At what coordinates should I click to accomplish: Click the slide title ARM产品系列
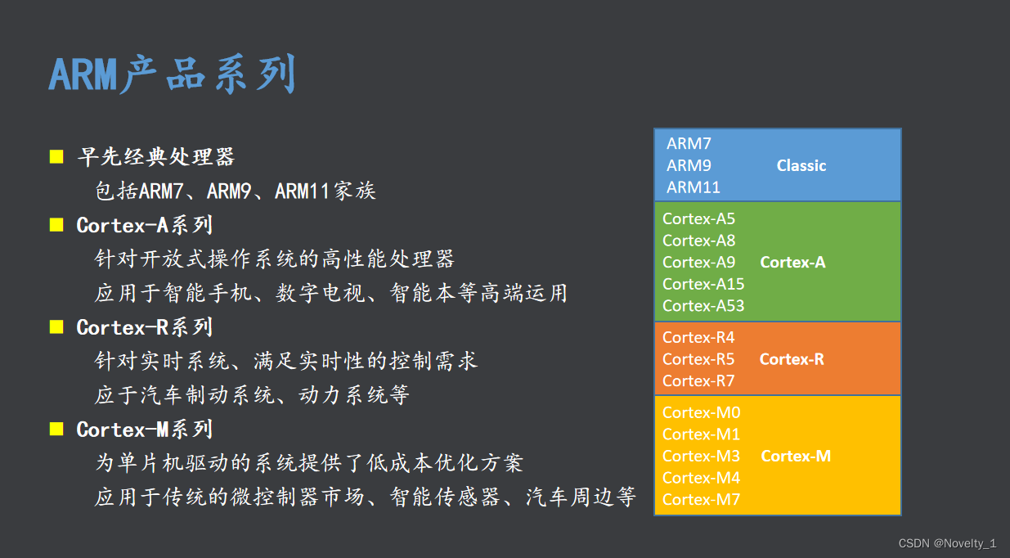pyautogui.click(x=172, y=75)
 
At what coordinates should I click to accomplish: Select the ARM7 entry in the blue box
pyautogui.click(x=689, y=144)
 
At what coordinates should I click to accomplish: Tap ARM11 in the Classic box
pyautogui.click(x=693, y=187)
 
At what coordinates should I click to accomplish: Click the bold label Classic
pyautogui.click(x=801, y=165)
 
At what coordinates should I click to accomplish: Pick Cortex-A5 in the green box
pyautogui.click(x=698, y=218)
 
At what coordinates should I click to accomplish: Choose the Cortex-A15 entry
pyautogui.click(x=703, y=284)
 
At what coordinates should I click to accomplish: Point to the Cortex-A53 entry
pyautogui.click(x=703, y=306)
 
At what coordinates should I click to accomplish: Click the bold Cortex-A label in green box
pyautogui.click(x=792, y=263)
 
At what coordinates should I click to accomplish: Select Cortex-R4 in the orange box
pyautogui.click(x=698, y=338)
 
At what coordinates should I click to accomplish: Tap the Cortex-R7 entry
pyautogui.click(x=698, y=381)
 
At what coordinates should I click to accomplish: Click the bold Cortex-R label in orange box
pyautogui.click(x=792, y=359)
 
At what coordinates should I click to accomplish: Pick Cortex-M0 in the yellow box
pyautogui.click(x=701, y=413)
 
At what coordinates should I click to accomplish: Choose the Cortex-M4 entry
pyautogui.click(x=701, y=478)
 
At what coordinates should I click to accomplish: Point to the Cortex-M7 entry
pyautogui.click(x=701, y=500)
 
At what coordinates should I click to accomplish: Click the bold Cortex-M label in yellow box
pyautogui.click(x=796, y=457)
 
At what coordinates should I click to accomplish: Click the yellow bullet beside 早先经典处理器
pyautogui.click(x=56, y=156)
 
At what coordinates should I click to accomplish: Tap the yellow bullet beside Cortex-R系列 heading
pyautogui.click(x=56, y=327)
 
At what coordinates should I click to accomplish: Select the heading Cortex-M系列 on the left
pyautogui.click(x=144, y=430)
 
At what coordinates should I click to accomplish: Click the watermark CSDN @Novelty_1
pyautogui.click(x=947, y=543)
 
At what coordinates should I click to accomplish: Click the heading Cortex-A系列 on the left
pyautogui.click(x=144, y=225)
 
